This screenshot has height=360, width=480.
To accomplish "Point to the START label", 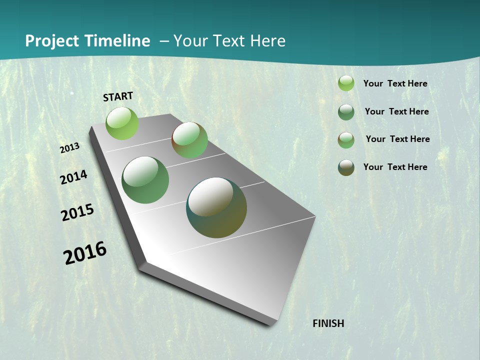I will pos(118,96).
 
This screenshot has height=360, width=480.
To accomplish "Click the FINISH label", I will pos(328,323).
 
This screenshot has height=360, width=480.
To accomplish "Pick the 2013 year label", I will pos(70,148).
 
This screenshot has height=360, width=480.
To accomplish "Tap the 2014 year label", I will pos(74,177).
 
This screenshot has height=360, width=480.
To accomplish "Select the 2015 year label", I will pos(77,212).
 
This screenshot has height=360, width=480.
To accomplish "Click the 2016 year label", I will pos(85,253).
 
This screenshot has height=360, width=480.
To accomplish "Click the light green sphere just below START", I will pos(122,123).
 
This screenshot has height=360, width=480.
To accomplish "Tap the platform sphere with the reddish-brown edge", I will pos(189,140).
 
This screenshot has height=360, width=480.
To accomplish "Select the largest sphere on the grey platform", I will pos(216,207).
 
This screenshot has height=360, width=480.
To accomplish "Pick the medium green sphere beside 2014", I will pos(145,180).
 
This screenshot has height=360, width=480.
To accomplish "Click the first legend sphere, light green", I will pos(346,83).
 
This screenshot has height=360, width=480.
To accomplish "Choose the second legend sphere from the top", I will pos(346,112).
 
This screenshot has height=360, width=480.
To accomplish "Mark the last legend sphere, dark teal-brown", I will pos(346,167).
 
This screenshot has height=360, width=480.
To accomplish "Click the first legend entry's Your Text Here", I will pos(395,83).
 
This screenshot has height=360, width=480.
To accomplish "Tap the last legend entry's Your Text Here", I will pos(395,167).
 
